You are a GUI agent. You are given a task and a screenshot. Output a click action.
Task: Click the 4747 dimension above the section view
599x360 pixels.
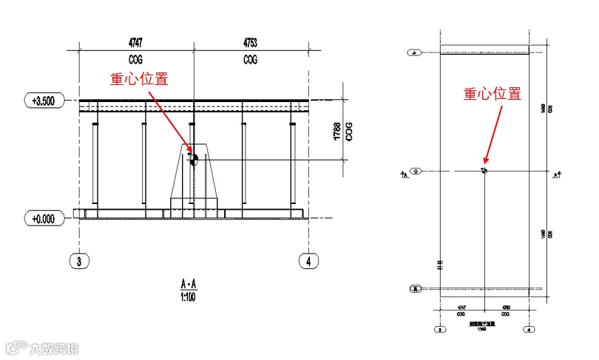coord(135,42)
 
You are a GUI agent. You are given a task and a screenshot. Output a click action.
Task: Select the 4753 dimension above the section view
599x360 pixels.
coord(250,42)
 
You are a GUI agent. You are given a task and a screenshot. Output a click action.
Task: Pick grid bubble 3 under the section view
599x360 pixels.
coord(78,259)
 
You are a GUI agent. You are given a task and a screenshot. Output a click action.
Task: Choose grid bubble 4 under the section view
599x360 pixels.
coord(308,259)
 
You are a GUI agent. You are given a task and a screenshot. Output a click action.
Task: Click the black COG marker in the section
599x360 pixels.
coord(195,159)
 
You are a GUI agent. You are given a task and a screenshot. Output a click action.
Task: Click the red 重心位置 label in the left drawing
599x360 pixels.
coord(139,79)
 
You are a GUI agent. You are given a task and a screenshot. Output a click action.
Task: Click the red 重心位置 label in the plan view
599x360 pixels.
coord(493,94)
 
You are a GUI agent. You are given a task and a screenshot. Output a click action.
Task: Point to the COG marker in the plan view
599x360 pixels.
coord(484,171)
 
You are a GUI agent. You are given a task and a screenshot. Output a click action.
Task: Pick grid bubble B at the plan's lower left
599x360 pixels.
coord(416,288)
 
